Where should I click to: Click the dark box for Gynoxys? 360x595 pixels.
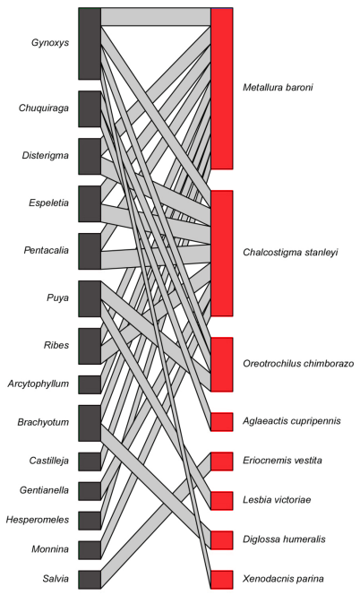pyautogui.click(x=90, y=44)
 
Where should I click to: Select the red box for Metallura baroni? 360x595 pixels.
pyautogui.click(x=222, y=89)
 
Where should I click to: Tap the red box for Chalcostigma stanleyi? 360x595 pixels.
pyautogui.click(x=222, y=253)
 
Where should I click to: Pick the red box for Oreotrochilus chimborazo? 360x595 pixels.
pyautogui.click(x=222, y=365)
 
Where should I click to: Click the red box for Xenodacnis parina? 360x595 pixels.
pyautogui.click(x=222, y=580)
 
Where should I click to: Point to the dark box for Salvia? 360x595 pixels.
pyautogui.click(x=90, y=580)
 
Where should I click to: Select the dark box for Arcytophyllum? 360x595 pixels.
pyautogui.click(x=90, y=384)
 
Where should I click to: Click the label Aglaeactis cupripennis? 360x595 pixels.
pyautogui.click(x=292, y=421)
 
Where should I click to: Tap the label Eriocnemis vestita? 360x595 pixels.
pyautogui.click(x=283, y=461)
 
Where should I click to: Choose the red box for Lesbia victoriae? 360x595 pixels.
pyautogui.click(x=222, y=501)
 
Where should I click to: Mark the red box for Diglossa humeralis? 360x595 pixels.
pyautogui.click(x=222, y=540)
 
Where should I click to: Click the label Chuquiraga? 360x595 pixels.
pyautogui.click(x=44, y=108)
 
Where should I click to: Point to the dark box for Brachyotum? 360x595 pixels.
pyautogui.click(x=90, y=423)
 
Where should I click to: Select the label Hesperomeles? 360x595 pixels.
pyautogui.click(x=38, y=520)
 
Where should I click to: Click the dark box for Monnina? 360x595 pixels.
pyautogui.click(x=90, y=550)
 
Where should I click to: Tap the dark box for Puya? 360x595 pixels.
pyautogui.click(x=90, y=298)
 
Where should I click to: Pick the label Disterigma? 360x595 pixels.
pyautogui.click(x=46, y=156)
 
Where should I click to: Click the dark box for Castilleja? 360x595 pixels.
pyautogui.click(x=90, y=461)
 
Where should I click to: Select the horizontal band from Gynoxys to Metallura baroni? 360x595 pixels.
pyautogui.click(x=156, y=17)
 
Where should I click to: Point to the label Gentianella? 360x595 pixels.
pyautogui.click(x=45, y=490)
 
